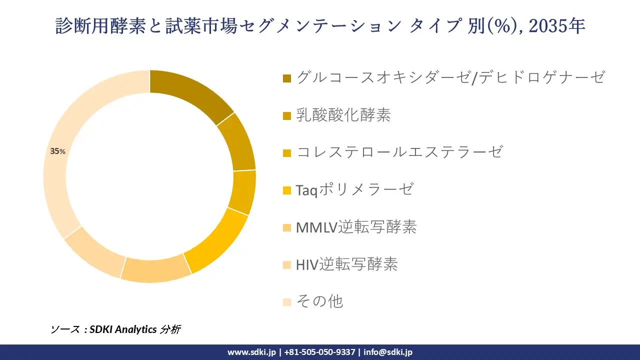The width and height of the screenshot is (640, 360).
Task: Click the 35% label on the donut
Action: coord(57,151)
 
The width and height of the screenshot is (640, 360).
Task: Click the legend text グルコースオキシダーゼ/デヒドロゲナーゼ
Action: coord(450,77)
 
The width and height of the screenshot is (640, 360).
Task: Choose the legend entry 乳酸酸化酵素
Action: coord(343,115)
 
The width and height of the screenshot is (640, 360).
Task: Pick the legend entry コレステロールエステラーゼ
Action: coord(399,152)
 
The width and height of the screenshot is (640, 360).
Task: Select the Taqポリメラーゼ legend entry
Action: coord(354,189)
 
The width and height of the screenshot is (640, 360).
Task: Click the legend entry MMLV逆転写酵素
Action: coord(356,227)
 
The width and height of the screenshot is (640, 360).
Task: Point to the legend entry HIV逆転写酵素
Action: coord(346,264)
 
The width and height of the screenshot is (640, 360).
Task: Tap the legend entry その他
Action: coord(319,301)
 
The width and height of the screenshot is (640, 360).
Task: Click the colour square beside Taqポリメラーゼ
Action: coord(287,190)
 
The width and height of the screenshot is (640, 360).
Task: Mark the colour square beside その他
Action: coord(287,301)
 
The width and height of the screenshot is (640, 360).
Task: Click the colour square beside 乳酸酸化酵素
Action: coord(287,115)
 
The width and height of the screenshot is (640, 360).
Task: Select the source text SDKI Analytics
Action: coord(123,329)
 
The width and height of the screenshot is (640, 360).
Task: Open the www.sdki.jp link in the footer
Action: coord(251,352)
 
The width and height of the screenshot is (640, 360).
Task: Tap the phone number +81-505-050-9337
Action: coord(320,352)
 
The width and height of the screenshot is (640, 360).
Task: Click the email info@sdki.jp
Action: coord(388,352)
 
